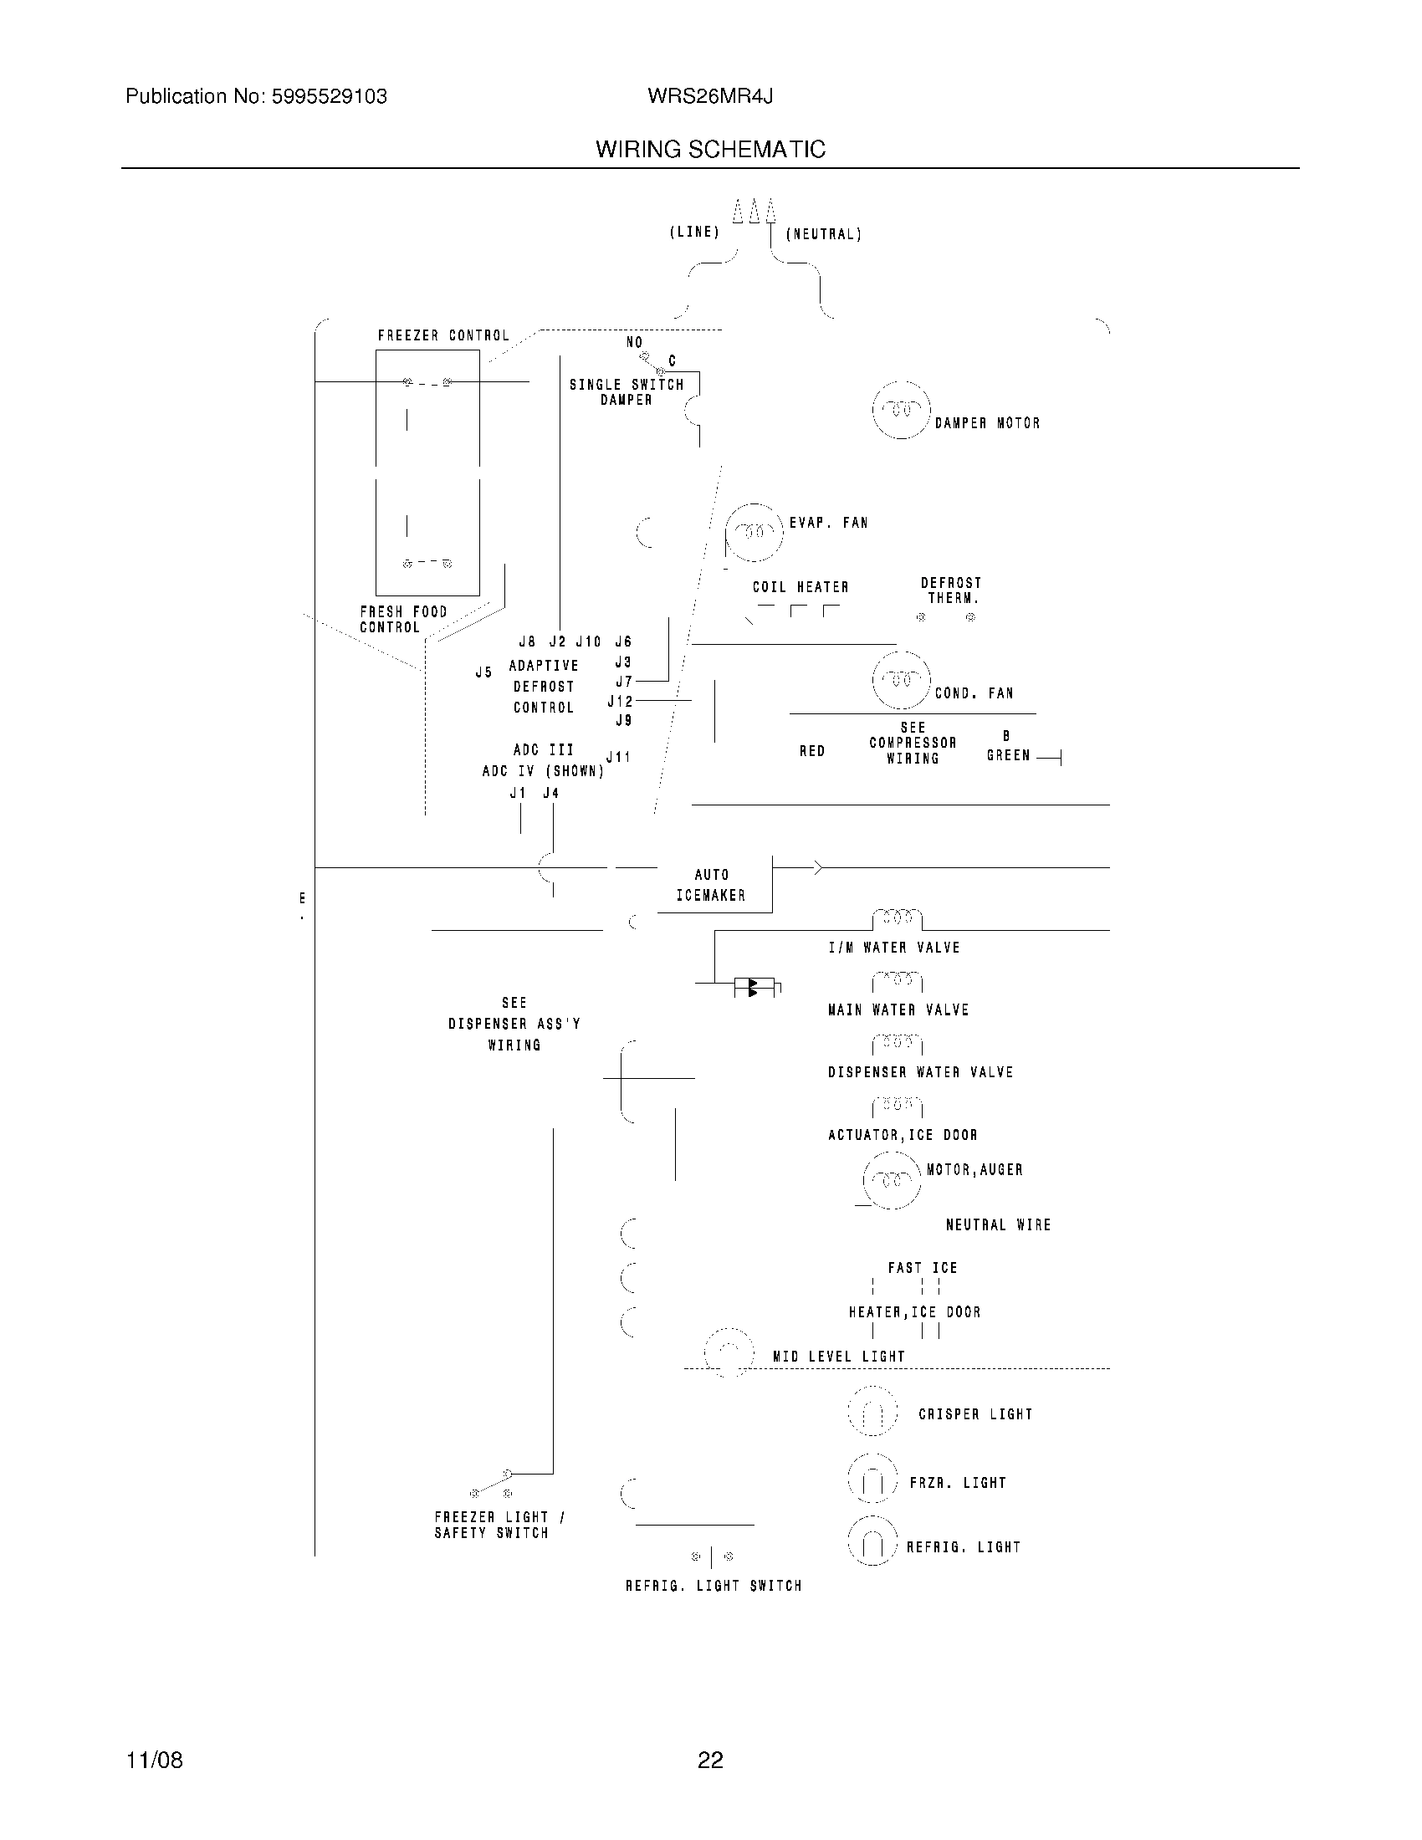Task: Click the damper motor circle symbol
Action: pyautogui.click(x=902, y=411)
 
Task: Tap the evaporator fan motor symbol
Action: pyautogui.click(x=754, y=533)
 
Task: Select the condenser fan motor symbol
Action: pyautogui.click(x=901, y=680)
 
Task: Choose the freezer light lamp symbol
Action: pyautogui.click(x=872, y=1479)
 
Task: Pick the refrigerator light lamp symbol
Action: pyautogui.click(x=872, y=1541)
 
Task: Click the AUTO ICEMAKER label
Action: pyautogui.click(x=711, y=886)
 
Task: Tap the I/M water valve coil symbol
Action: pyautogui.click(x=898, y=917)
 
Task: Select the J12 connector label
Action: pyautogui.click(x=619, y=701)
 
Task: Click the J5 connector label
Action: pyautogui.click(x=483, y=672)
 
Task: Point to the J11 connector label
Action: pyautogui.click(x=618, y=757)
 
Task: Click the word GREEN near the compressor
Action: pyautogui.click(x=1008, y=756)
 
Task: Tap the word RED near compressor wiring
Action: pyautogui.click(x=811, y=751)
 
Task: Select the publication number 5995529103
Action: pyautogui.click(x=329, y=97)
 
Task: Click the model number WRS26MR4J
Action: pyautogui.click(x=710, y=97)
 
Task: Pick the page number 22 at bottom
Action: pyautogui.click(x=710, y=1760)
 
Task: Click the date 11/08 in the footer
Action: pyautogui.click(x=154, y=1760)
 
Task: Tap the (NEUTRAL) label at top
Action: pyautogui.click(x=823, y=234)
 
